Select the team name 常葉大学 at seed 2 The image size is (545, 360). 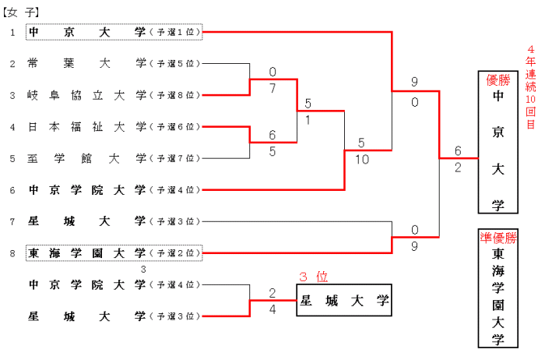(86, 63)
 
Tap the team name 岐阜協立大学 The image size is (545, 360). (86, 95)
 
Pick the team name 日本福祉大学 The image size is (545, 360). (86, 126)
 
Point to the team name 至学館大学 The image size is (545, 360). (86, 158)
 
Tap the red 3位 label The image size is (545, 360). (315, 276)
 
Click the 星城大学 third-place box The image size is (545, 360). (343, 299)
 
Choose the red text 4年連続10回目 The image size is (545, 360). (531, 86)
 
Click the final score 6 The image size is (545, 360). (458, 151)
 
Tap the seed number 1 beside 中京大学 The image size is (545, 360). (12, 32)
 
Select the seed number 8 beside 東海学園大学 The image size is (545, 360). (12, 253)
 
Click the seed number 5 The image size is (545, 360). (12, 158)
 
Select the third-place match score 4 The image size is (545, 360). (272, 309)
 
